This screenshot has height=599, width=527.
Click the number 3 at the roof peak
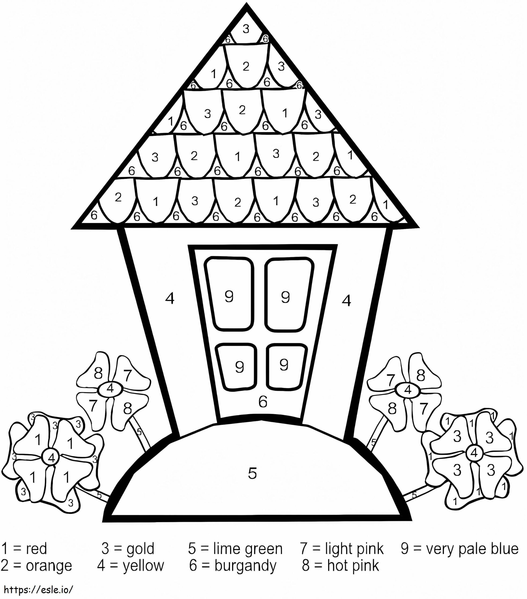[246, 29]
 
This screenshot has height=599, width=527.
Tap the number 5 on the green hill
[252, 473]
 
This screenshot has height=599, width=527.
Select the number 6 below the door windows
[263, 401]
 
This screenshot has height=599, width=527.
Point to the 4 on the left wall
[170, 299]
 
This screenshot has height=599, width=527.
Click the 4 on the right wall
[346, 300]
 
